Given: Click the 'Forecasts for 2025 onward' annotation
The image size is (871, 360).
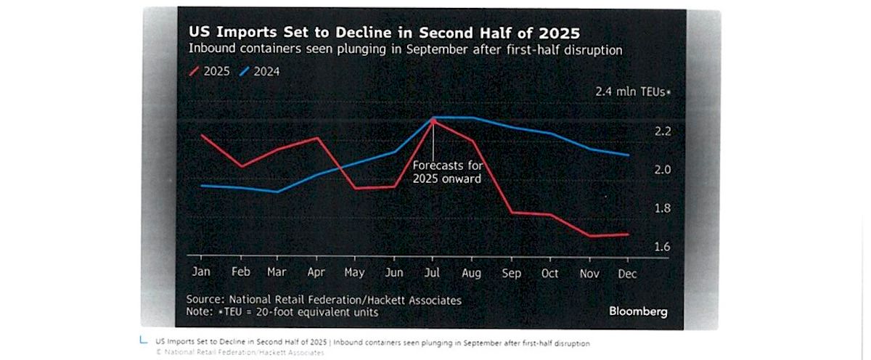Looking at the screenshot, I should coord(447,171).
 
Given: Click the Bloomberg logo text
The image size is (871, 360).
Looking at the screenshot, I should coord(638,311).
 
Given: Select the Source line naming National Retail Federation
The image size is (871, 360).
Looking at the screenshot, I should coord(324,299).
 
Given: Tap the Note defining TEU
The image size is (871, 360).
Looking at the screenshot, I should coord(282,312).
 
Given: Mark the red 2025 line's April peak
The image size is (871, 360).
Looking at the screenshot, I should coord(317,138).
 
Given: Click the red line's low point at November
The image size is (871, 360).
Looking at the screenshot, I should coord(590,236).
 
